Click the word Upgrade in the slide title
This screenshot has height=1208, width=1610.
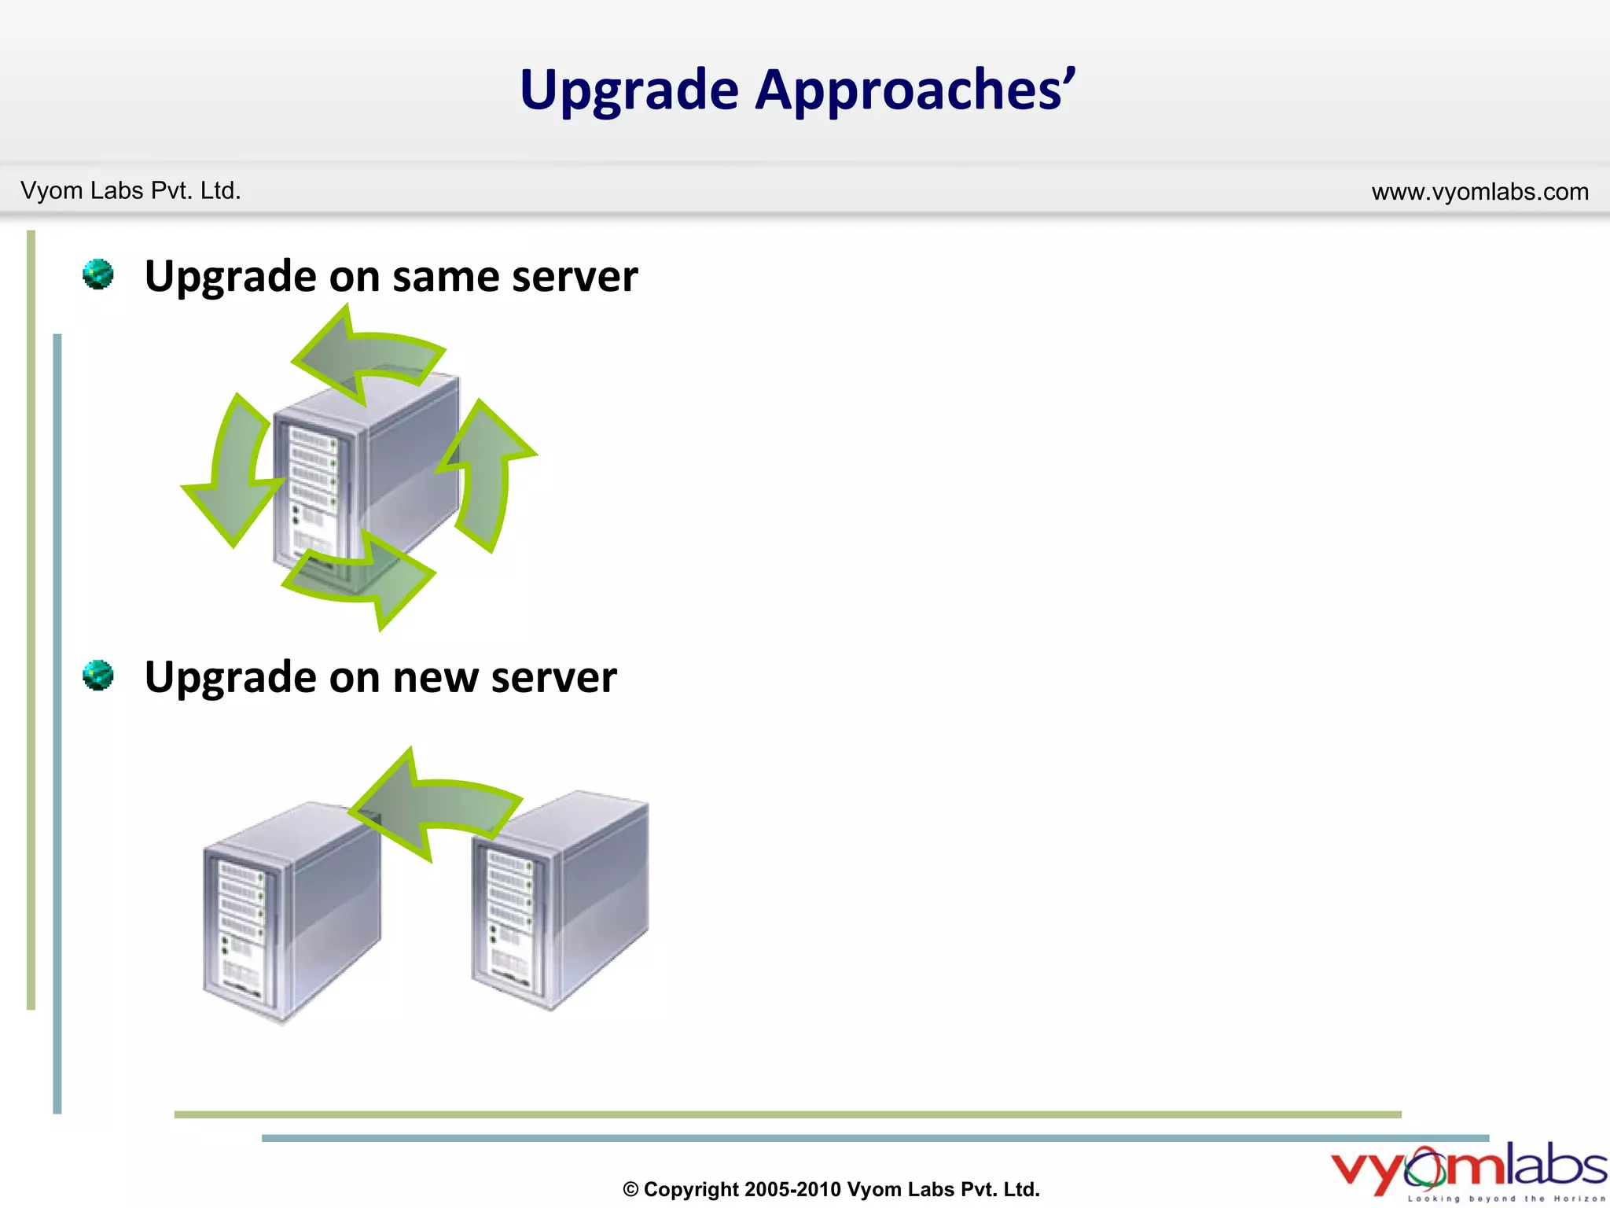point(629,90)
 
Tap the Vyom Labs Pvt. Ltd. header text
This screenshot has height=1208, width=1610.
point(130,191)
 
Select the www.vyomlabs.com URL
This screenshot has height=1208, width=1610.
point(1480,192)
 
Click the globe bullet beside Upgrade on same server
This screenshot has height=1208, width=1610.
point(98,274)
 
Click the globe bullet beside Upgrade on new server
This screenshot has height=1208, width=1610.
point(98,676)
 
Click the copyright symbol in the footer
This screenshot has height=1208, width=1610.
point(630,1190)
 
